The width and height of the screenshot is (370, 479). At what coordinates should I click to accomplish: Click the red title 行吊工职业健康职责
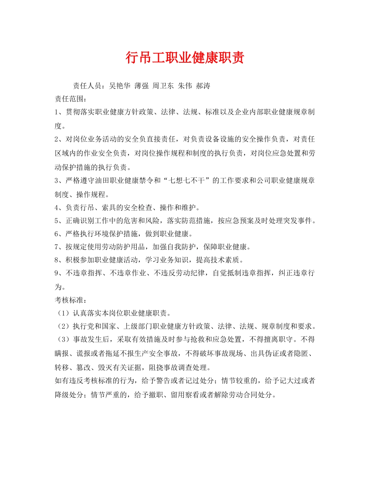[x=185, y=58]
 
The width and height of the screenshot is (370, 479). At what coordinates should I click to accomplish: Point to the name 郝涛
[x=203, y=86]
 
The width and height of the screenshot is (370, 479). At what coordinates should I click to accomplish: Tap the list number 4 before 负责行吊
[x=57, y=207]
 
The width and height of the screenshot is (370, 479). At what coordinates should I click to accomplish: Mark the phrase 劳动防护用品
[x=127, y=247]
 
